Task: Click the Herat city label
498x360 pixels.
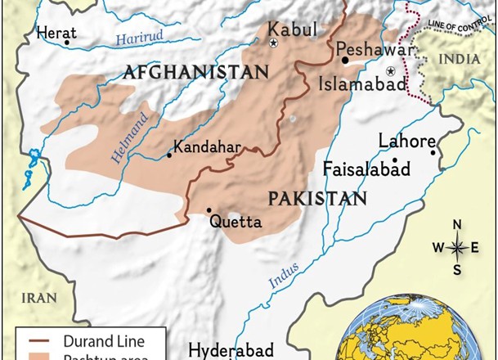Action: click(56, 32)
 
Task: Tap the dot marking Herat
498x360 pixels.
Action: click(67, 43)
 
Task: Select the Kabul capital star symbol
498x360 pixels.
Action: click(274, 43)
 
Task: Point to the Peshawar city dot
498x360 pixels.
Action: click(345, 60)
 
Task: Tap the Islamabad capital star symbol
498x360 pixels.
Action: click(391, 72)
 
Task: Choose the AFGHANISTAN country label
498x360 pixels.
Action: click(195, 72)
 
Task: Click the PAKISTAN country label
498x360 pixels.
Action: click(317, 198)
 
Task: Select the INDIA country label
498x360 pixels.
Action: click(460, 60)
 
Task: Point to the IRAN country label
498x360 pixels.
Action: click(38, 298)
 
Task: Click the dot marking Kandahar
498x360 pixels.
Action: click(169, 155)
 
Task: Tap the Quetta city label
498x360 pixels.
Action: click(236, 222)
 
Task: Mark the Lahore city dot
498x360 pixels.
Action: click(434, 152)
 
